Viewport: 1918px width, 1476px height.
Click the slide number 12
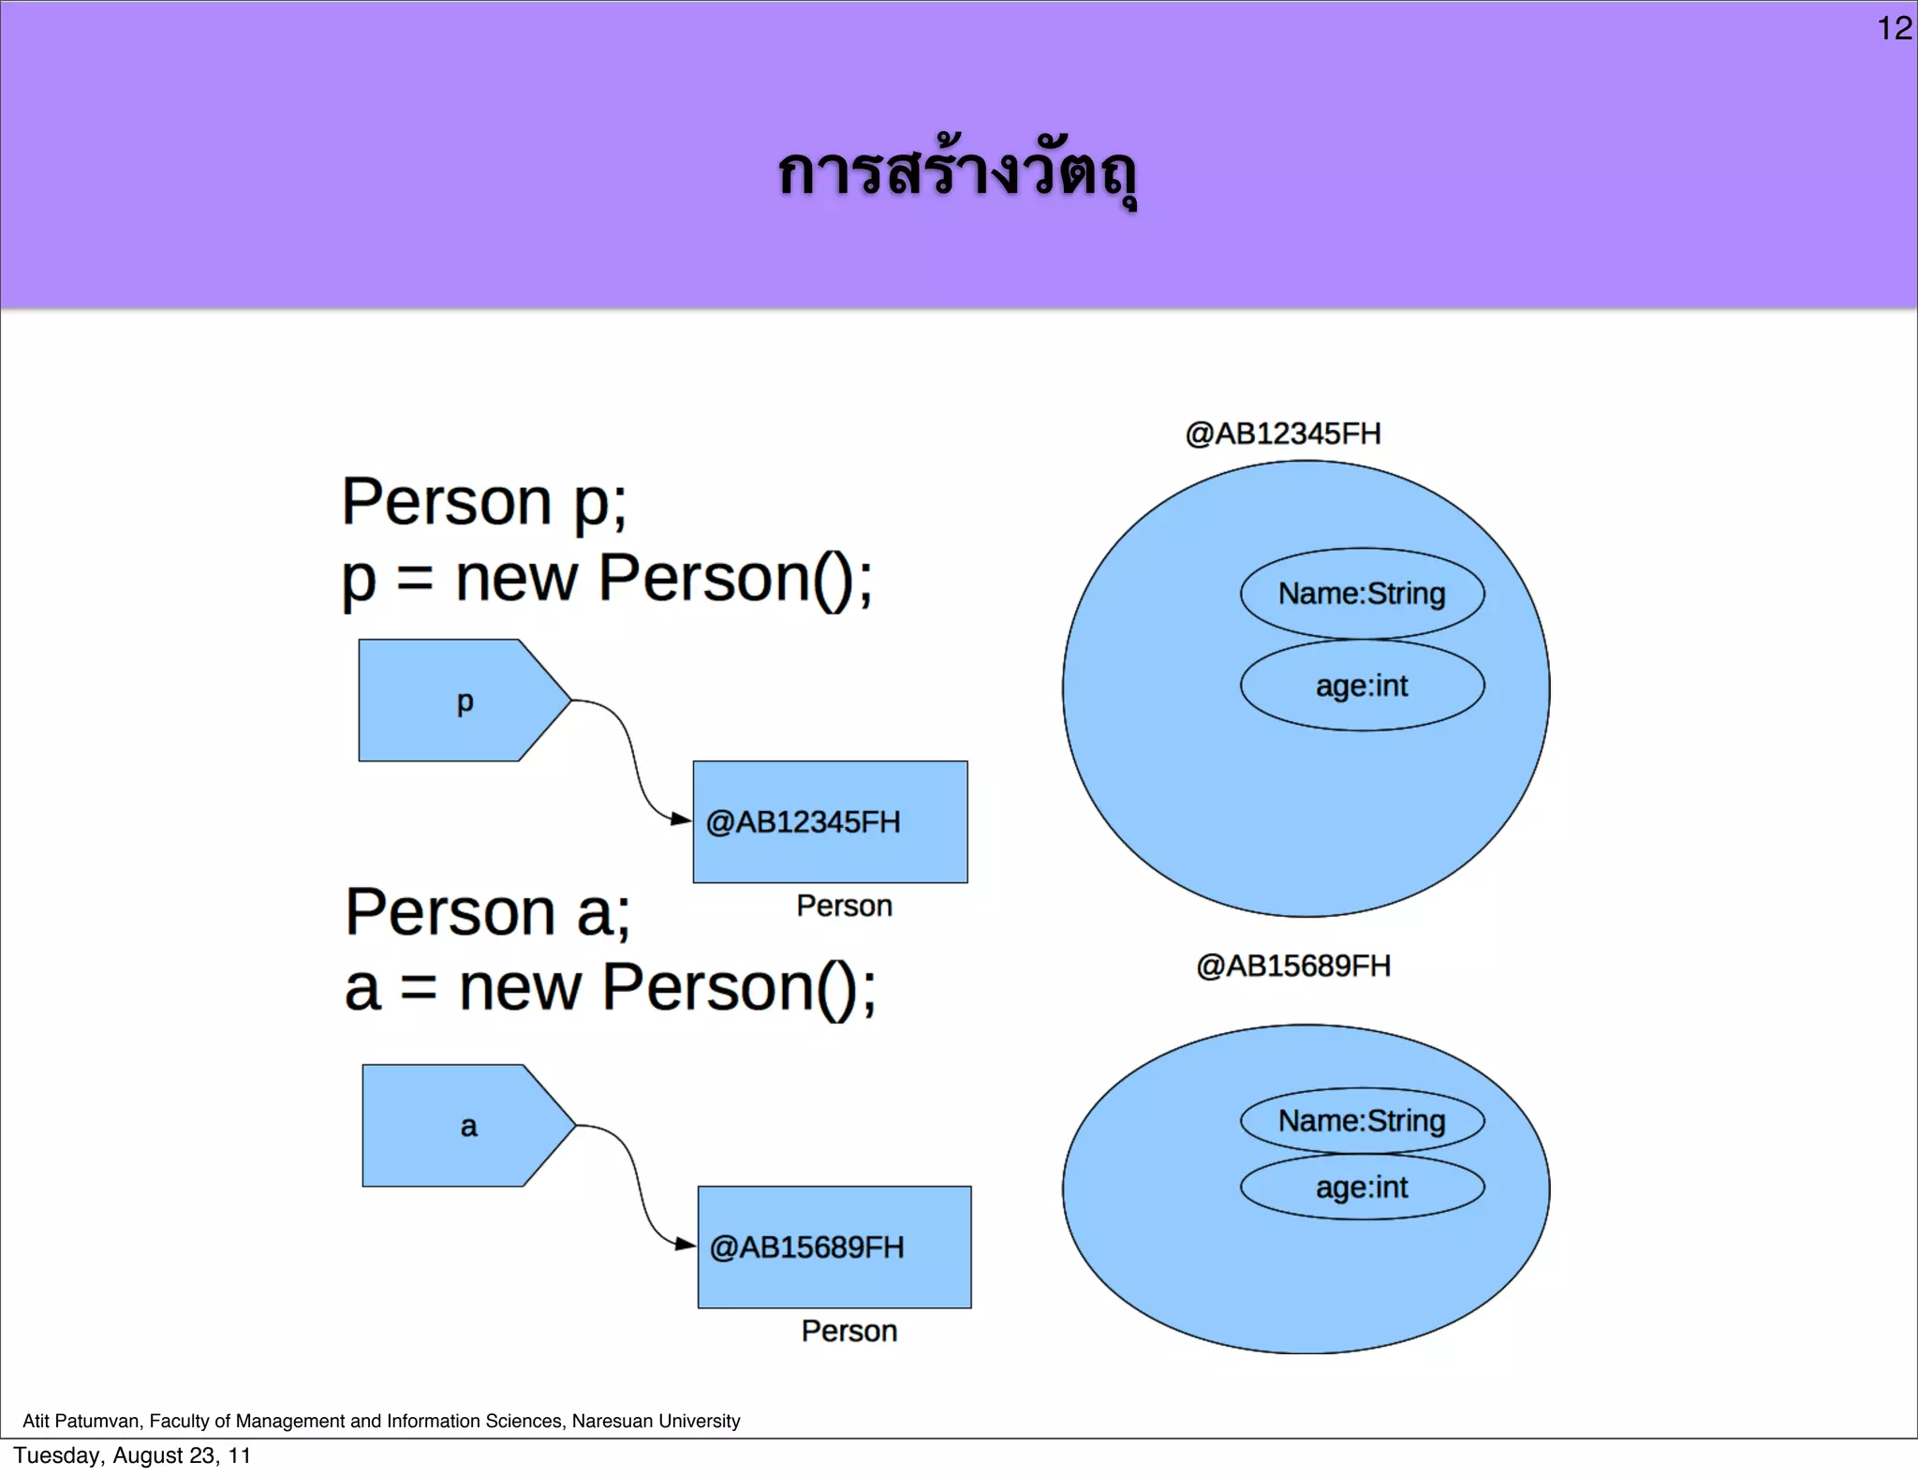click(1894, 28)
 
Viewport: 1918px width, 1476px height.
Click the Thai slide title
click(957, 174)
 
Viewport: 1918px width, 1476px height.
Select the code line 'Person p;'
click(483, 502)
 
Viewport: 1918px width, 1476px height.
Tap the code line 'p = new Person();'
click(607, 579)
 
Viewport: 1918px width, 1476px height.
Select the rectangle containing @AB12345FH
click(830, 821)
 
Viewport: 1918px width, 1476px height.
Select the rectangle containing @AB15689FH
click(834, 1247)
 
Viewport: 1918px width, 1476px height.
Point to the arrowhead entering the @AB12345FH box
click(683, 819)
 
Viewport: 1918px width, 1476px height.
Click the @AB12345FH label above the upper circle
click(1283, 434)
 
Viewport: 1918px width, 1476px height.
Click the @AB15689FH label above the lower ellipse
click(1293, 966)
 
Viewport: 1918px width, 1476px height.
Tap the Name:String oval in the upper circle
click(1362, 594)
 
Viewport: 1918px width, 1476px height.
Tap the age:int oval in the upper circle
click(1362, 686)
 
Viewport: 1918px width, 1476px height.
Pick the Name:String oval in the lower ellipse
click(1362, 1120)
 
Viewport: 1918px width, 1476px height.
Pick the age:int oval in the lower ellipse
click(1362, 1188)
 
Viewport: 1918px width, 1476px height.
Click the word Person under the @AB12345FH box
click(844, 906)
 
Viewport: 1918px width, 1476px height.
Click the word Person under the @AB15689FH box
click(848, 1331)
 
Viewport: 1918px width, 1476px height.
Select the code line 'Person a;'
click(487, 912)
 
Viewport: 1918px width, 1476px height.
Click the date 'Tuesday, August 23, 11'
click(132, 1455)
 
